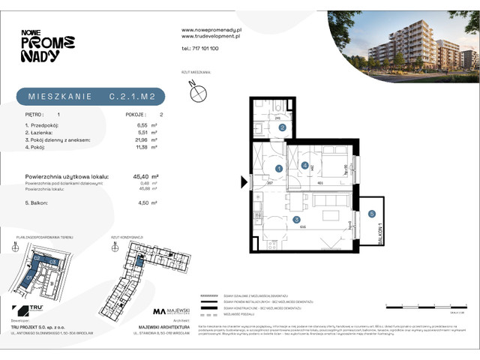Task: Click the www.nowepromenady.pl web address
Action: coord(210,30)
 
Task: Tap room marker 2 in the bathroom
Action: coord(282,127)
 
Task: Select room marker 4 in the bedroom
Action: coord(304,165)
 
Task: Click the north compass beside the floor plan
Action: coord(198,92)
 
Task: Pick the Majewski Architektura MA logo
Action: coord(160,311)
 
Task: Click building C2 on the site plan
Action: coord(36,259)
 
